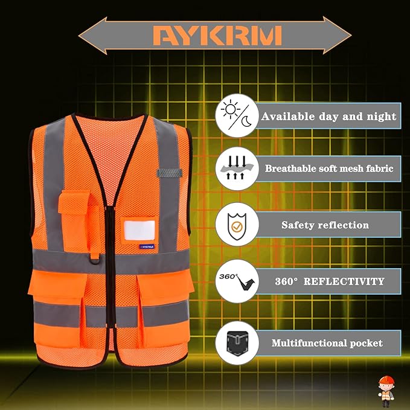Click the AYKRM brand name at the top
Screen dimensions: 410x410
(217, 36)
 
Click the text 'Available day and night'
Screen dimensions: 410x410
(328, 116)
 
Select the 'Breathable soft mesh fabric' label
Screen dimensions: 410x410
(328, 168)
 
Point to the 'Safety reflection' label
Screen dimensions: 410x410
(325, 225)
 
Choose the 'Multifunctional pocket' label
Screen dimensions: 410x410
(327, 343)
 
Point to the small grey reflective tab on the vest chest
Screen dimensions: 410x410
(169, 173)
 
